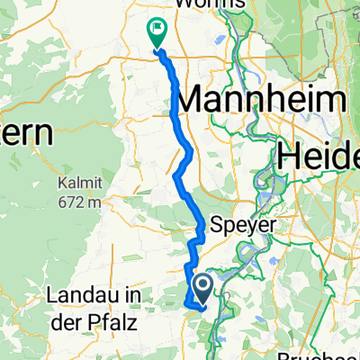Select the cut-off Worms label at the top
point(212,4)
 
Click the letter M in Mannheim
point(196,101)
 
